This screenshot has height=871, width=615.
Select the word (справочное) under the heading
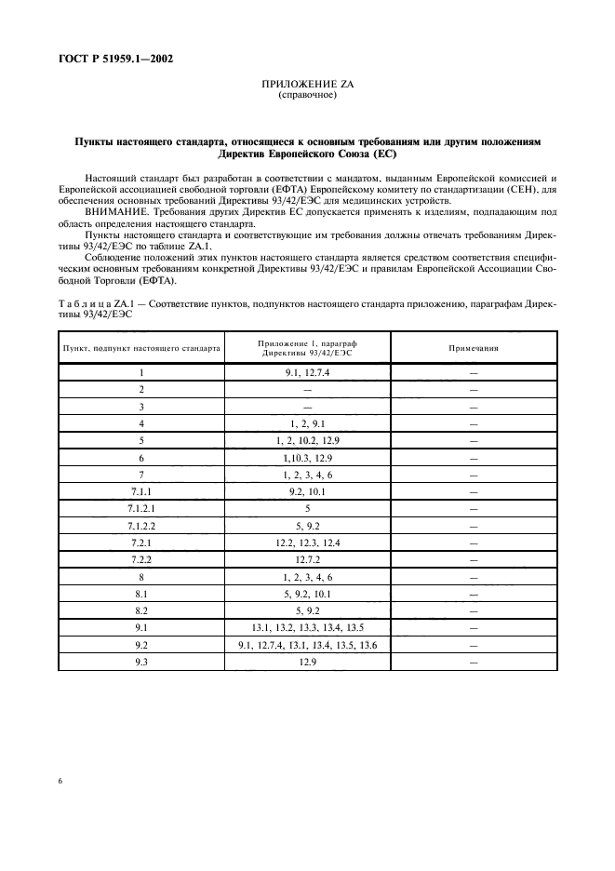[307, 95]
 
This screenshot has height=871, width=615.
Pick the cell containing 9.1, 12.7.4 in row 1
[308, 372]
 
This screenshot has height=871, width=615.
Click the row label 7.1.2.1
[141, 509]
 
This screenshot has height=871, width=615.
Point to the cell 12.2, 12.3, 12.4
[308, 543]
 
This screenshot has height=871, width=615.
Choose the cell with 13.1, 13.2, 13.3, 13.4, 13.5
[308, 627]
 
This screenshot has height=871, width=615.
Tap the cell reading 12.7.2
[308, 559]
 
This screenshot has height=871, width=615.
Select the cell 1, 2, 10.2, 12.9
[308, 440]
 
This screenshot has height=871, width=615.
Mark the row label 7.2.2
[141, 559]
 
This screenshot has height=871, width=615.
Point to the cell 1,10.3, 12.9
[308, 458]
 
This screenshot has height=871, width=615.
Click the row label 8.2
[141, 610]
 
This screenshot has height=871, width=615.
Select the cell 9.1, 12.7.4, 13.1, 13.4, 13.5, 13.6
[308, 644]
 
